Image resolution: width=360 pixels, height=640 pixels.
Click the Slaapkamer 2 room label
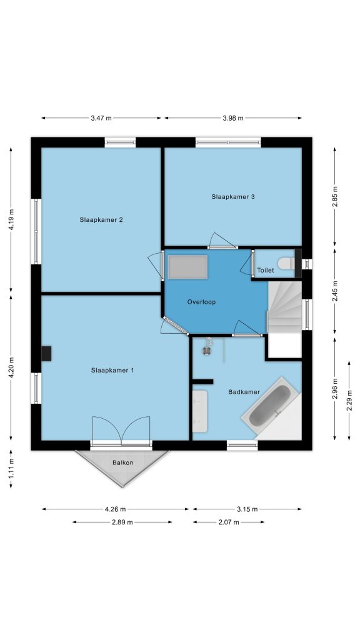(x=101, y=219)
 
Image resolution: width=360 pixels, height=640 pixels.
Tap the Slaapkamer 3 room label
(x=233, y=196)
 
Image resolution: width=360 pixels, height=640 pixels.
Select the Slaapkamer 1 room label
(x=112, y=370)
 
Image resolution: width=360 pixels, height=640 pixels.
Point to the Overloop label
(x=201, y=302)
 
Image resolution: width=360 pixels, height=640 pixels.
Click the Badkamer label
(x=244, y=392)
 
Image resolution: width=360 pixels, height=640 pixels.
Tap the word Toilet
(x=265, y=270)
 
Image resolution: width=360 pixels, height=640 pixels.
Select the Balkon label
(x=123, y=462)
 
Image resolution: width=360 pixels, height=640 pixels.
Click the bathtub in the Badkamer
(x=270, y=405)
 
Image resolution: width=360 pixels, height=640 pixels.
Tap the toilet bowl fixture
(x=286, y=263)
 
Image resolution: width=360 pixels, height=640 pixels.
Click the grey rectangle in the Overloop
(x=187, y=267)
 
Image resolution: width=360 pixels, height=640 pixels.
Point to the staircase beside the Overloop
(x=285, y=306)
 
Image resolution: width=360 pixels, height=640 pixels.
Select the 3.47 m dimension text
(x=101, y=118)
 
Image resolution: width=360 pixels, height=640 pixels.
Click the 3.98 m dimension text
(x=233, y=118)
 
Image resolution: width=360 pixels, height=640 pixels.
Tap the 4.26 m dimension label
(x=116, y=509)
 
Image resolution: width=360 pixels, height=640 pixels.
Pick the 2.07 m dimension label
(x=229, y=522)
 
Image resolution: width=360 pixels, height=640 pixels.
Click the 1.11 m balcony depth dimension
(x=11, y=469)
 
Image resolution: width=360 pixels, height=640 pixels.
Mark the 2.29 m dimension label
(x=349, y=401)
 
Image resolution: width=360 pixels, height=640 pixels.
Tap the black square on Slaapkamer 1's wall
(x=46, y=354)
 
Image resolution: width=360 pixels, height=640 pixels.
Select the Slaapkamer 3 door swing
(x=222, y=241)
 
